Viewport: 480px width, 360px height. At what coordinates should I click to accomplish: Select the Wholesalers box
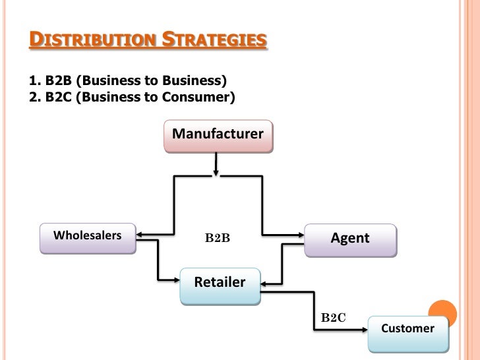[88, 237]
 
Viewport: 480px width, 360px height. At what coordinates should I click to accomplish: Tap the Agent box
[350, 239]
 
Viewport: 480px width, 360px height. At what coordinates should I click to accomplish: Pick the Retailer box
[220, 285]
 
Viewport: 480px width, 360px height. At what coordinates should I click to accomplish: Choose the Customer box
[407, 332]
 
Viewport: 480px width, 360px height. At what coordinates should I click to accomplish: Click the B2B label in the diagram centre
[217, 239]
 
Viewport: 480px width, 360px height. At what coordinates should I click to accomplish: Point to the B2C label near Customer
[333, 318]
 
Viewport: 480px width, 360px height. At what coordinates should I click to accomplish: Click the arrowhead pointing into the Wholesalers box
[140, 233]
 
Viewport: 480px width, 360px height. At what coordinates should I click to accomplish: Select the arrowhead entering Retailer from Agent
[264, 284]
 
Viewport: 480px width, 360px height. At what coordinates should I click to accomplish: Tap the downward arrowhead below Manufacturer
[216, 173]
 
